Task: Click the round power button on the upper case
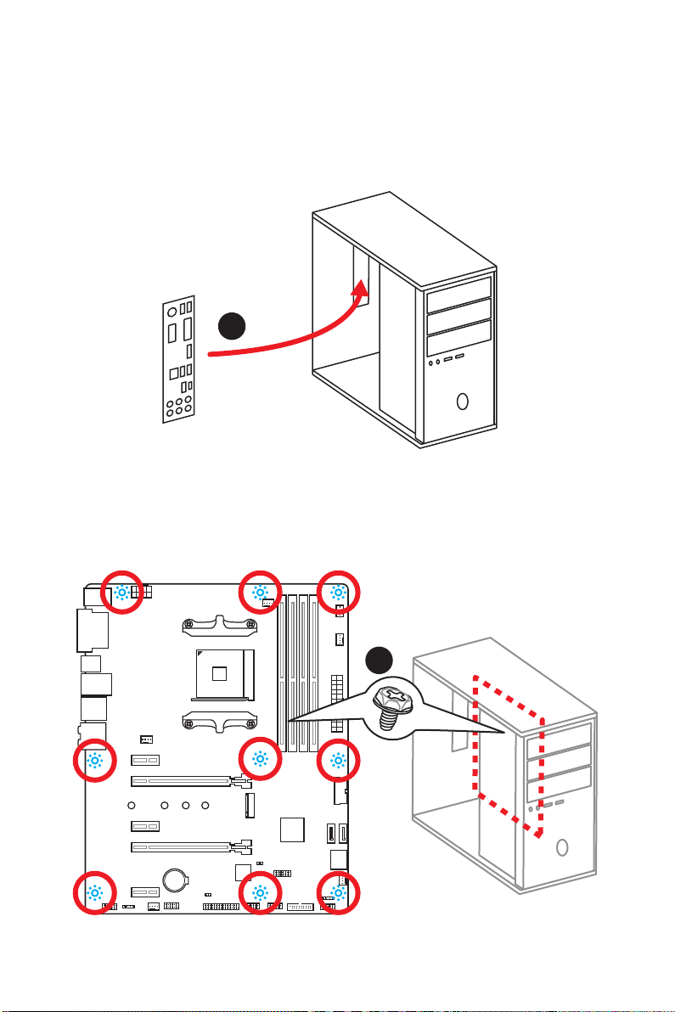tap(462, 400)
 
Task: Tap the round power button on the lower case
tap(562, 846)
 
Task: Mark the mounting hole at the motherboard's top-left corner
tap(122, 592)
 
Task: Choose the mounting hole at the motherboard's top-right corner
tap(338, 592)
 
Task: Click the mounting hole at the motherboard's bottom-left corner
tap(95, 893)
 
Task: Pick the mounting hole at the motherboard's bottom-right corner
tap(338, 893)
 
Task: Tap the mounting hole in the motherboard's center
tap(260, 760)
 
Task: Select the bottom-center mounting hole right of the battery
tap(260, 893)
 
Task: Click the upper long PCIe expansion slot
tap(183, 779)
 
